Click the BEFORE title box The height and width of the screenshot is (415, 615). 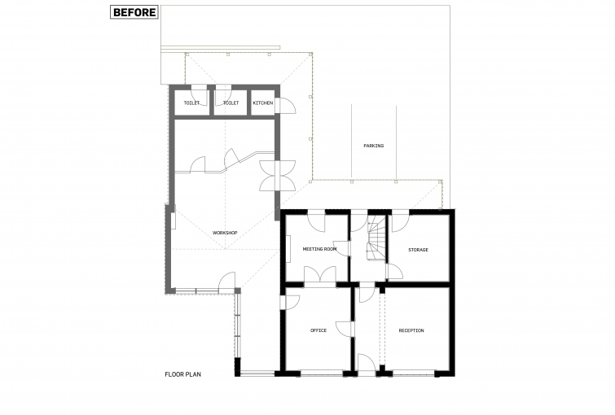(x=134, y=12)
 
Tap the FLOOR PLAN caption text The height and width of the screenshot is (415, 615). (x=182, y=374)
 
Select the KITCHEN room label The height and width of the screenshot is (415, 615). (x=263, y=103)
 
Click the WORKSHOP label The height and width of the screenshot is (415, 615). (x=225, y=233)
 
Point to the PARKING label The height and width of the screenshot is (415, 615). (x=373, y=146)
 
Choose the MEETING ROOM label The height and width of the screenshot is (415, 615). (x=319, y=249)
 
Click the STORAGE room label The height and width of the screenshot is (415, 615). (x=418, y=250)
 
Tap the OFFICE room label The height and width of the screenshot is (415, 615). (x=318, y=330)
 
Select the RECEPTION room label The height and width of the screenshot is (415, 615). (x=411, y=330)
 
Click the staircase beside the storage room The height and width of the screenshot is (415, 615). (x=376, y=240)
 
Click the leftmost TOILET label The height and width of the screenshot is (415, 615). (x=191, y=103)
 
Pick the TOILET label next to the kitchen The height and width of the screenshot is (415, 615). (x=231, y=103)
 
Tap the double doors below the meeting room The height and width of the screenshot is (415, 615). (x=320, y=274)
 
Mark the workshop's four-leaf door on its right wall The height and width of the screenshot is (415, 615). (x=277, y=176)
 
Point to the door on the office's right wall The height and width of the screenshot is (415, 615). (x=345, y=330)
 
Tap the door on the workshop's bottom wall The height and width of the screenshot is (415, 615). (x=226, y=282)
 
